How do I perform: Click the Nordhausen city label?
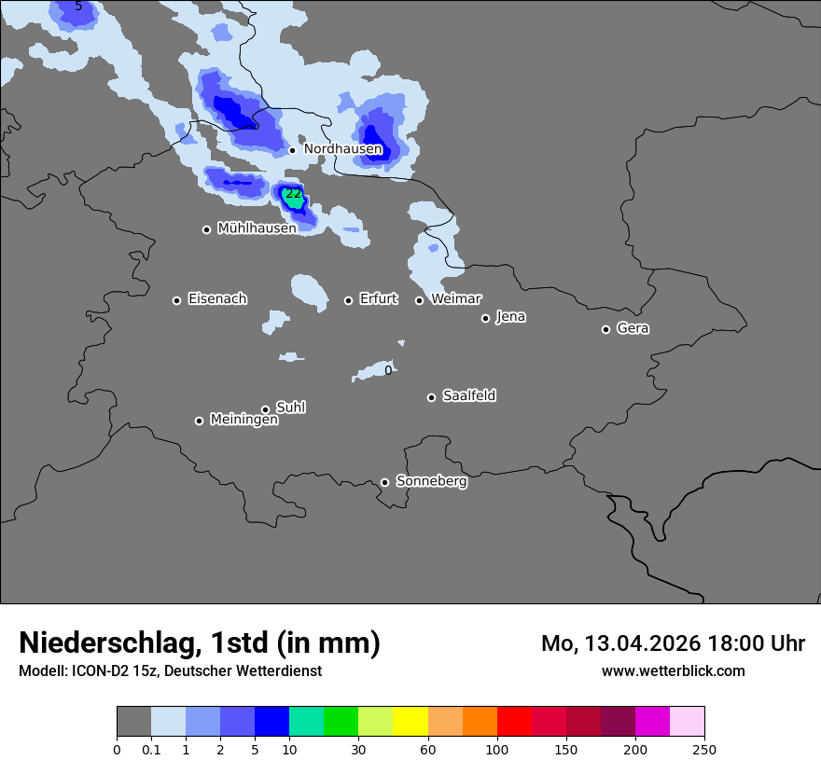coord(342,149)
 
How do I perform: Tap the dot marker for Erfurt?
coord(348,300)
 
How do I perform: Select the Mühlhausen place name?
coord(257,228)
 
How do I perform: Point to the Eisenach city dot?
coord(176,300)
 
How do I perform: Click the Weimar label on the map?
coord(455,299)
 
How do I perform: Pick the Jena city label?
coord(510,317)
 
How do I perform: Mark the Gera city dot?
coord(605,329)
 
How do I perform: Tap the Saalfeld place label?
coord(468,396)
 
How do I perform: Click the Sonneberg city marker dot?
coord(384,482)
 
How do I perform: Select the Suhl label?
coord(290,408)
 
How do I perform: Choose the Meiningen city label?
coord(244,421)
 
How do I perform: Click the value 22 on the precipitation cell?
coord(293,194)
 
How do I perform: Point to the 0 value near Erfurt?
coord(388,370)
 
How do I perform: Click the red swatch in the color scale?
coord(514,722)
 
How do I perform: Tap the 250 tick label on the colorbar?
coord(704,750)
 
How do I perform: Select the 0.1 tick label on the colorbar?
coord(151,750)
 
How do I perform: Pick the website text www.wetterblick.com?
coord(673,671)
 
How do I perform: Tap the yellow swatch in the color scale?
coord(410,722)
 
